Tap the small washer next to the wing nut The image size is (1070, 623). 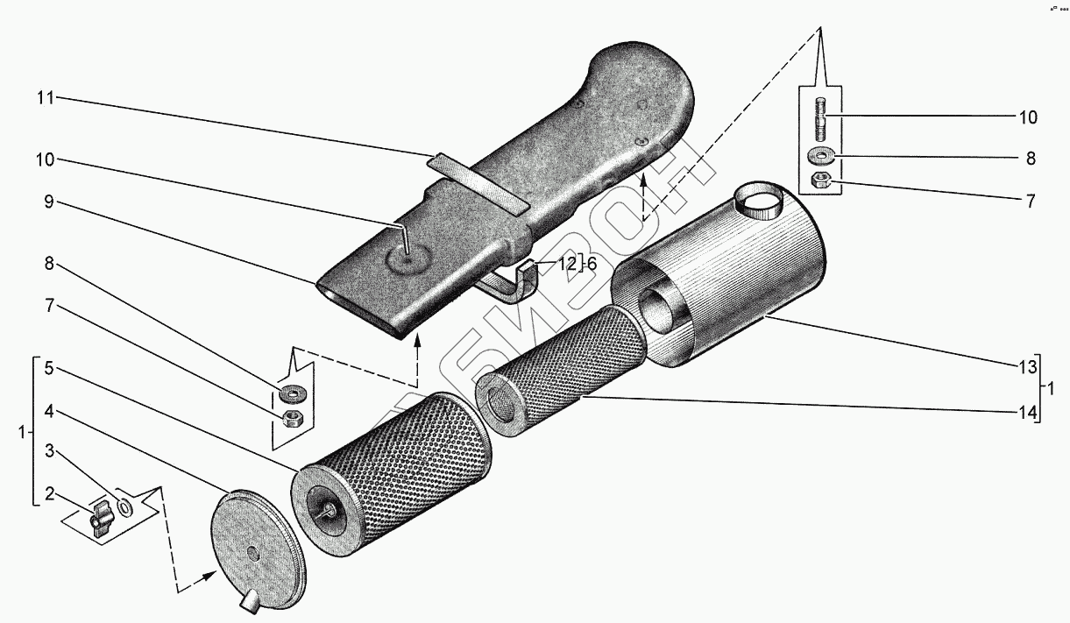[x=125, y=507]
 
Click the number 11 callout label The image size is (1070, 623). [x=45, y=98]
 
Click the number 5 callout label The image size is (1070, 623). [x=49, y=369]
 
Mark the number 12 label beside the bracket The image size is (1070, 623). [x=567, y=264]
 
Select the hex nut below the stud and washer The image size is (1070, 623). [x=821, y=181]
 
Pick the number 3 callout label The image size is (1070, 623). [x=49, y=451]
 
